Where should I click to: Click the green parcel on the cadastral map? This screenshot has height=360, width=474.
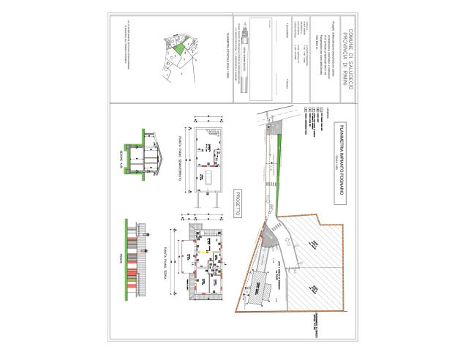click(178, 47)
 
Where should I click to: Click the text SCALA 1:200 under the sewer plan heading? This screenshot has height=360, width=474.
click(330, 161)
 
